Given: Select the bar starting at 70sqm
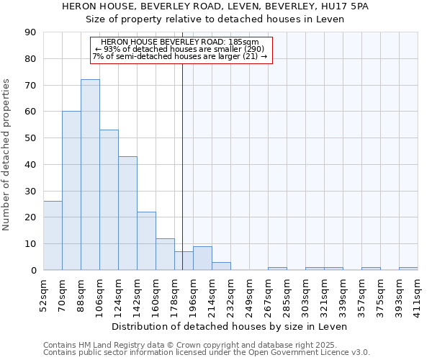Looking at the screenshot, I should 71,191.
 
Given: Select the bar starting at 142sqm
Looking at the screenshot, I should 146,241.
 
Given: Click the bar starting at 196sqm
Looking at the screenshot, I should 202,258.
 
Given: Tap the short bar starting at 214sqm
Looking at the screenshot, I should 221,266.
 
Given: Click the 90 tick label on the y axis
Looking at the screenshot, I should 30,32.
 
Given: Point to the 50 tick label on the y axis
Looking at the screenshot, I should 30,138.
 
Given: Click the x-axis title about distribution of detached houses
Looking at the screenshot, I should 230,326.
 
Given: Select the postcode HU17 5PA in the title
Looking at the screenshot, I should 348,6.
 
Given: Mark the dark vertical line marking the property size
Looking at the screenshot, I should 183,166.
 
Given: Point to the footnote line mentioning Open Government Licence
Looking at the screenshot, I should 207,353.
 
